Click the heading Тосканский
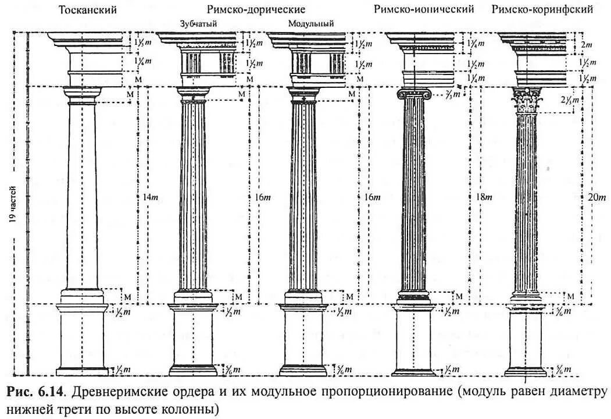tap(88, 10)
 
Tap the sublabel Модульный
tap(311, 24)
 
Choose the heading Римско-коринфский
tap(542, 9)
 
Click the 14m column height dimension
tap(149, 197)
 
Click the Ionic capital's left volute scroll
tap(400, 94)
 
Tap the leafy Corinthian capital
tap(527, 101)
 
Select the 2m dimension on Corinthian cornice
tap(585, 44)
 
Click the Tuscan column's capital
tap(82, 93)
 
